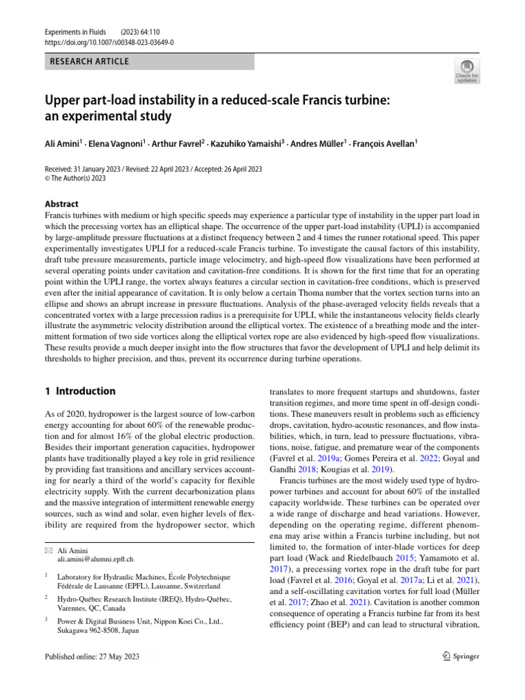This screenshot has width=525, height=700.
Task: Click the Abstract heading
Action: pos(62,204)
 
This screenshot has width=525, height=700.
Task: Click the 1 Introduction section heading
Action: pos(80,392)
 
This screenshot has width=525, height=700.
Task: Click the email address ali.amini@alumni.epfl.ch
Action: pos(95,558)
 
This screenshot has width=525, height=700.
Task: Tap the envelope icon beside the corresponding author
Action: pos(47,550)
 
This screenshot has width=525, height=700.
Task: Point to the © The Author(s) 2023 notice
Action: pos(75,178)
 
